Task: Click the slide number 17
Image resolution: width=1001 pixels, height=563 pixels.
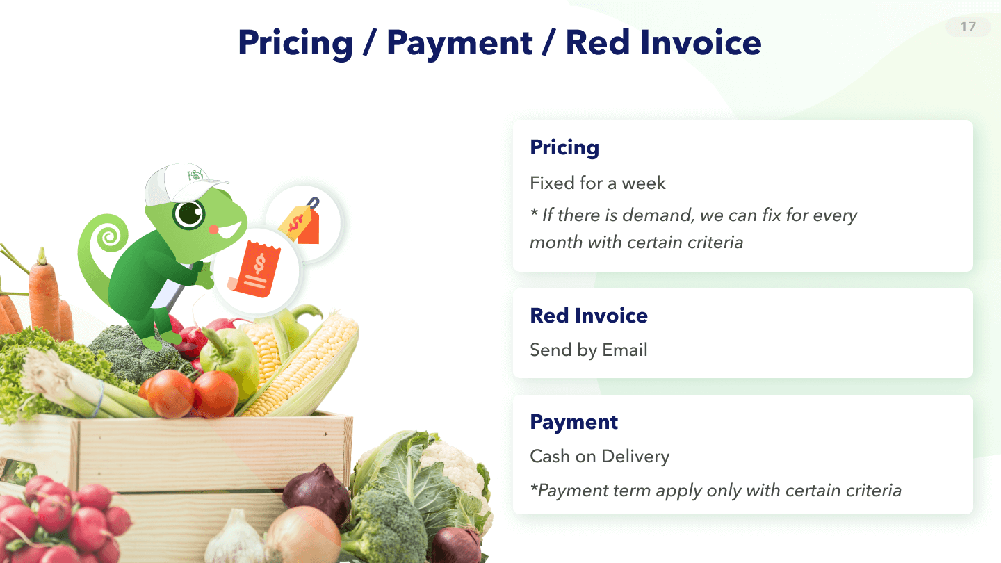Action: (x=968, y=27)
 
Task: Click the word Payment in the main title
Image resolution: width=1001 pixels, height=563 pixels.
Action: (x=459, y=44)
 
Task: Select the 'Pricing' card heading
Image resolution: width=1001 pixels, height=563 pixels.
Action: (x=564, y=148)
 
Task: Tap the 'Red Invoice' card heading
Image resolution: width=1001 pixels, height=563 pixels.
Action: (x=589, y=316)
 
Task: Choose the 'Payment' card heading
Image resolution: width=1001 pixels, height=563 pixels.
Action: (x=573, y=423)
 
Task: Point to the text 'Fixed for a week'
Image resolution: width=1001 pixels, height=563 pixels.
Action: (x=598, y=183)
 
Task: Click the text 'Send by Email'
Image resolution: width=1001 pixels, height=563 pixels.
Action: (x=589, y=350)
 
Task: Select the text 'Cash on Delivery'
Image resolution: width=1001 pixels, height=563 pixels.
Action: (x=600, y=456)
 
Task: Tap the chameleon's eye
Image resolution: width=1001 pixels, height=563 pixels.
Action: (x=189, y=213)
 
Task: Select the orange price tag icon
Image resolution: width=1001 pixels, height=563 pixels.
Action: (x=301, y=222)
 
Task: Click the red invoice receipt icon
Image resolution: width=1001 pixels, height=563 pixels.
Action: (x=254, y=269)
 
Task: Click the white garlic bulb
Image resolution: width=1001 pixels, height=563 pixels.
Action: (x=232, y=539)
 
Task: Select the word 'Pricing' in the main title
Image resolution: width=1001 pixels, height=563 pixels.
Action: (x=295, y=44)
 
